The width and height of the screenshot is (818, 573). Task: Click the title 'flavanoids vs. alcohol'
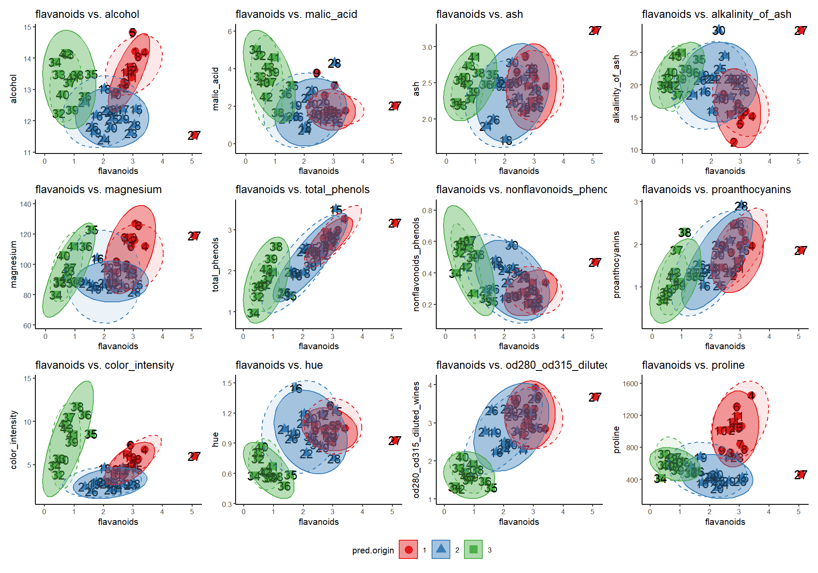[x=87, y=14]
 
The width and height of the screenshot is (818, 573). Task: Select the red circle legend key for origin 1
[x=409, y=550]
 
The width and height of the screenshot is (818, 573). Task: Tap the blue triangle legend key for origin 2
[x=441, y=550]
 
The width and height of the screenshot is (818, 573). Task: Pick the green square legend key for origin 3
[x=473, y=550]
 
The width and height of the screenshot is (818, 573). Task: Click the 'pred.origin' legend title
[x=373, y=550]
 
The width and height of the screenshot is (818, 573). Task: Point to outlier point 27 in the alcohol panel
[x=194, y=136]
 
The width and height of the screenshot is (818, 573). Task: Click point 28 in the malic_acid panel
[x=334, y=63]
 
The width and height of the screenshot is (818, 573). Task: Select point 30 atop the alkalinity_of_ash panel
[x=719, y=30]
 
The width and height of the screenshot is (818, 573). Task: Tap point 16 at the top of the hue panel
[x=296, y=388]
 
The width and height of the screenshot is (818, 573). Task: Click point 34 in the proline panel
[x=660, y=479]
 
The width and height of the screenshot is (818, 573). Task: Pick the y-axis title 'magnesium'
[x=14, y=264]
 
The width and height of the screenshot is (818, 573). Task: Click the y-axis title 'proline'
[x=616, y=439]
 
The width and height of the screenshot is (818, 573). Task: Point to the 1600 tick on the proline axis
[x=630, y=384]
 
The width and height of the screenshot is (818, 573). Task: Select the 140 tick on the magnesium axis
[x=26, y=204]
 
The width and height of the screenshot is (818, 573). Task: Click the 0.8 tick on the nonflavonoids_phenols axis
[x=427, y=211]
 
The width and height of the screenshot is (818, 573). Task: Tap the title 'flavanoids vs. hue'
[x=279, y=365]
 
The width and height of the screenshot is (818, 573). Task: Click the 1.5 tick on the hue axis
[x=227, y=383]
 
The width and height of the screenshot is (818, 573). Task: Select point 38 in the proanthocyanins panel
[x=685, y=232]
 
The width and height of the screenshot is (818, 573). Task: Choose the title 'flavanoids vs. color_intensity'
[x=104, y=365]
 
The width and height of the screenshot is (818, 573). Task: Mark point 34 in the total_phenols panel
[x=253, y=313]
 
